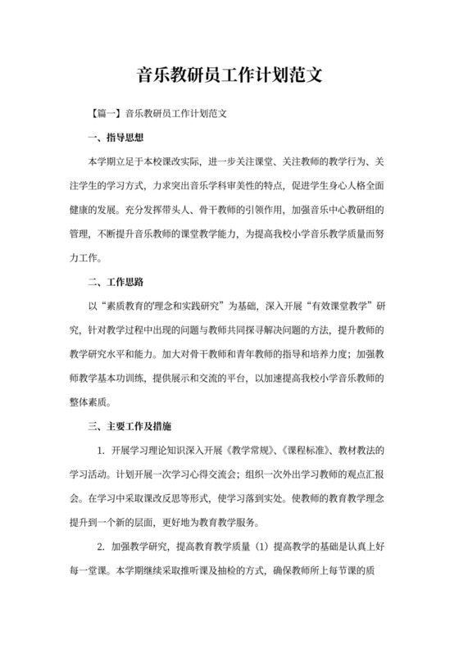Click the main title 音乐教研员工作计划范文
[229, 77]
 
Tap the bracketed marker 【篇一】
[106, 114]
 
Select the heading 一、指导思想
[116, 138]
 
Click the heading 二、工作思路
[116, 283]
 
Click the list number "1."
[101, 451]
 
